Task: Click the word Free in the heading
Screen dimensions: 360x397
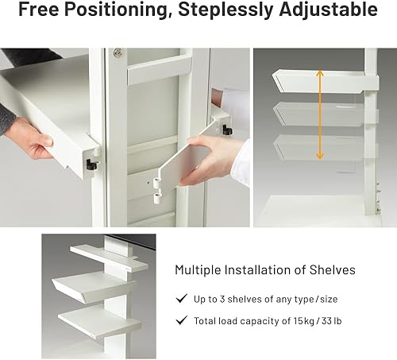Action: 40,11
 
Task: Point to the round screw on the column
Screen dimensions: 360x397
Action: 118,53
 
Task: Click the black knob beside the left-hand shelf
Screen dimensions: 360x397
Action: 91,165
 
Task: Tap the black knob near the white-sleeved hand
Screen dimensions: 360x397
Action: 227,129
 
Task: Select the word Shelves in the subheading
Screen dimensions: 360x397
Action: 332,269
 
